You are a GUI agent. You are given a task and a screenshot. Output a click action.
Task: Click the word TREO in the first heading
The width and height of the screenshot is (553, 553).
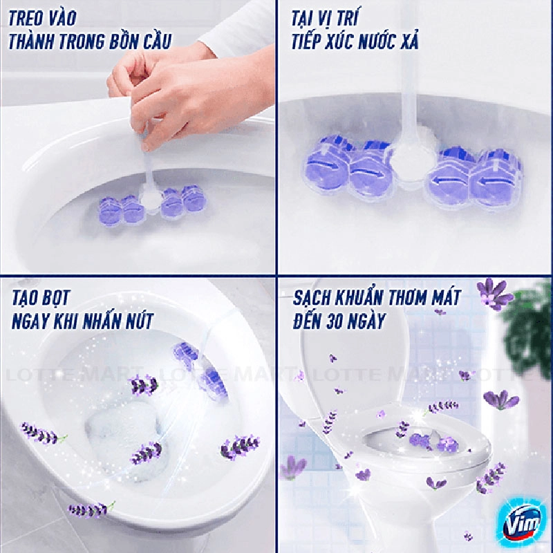(x=25, y=18)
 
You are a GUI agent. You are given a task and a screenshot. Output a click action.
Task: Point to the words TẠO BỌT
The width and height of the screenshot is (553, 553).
(x=41, y=298)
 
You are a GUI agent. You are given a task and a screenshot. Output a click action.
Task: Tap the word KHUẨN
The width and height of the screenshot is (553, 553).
(x=360, y=298)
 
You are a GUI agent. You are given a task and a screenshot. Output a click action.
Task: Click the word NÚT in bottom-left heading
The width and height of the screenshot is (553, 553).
(x=140, y=321)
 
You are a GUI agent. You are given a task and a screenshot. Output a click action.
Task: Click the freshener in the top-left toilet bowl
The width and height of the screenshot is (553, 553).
(x=152, y=204)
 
